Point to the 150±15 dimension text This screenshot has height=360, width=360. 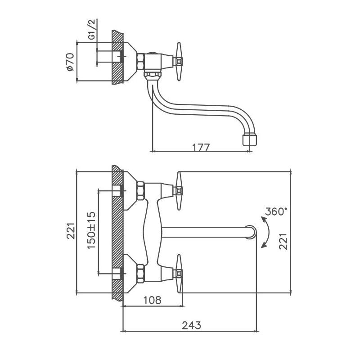(91, 230)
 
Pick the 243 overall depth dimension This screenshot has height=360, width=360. (192, 325)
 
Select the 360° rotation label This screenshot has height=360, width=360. (276, 211)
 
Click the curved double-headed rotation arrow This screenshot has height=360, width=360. (266, 232)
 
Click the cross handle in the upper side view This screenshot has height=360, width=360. (180, 57)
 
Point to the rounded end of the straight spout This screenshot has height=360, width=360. (251, 232)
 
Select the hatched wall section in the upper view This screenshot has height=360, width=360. (117, 57)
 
